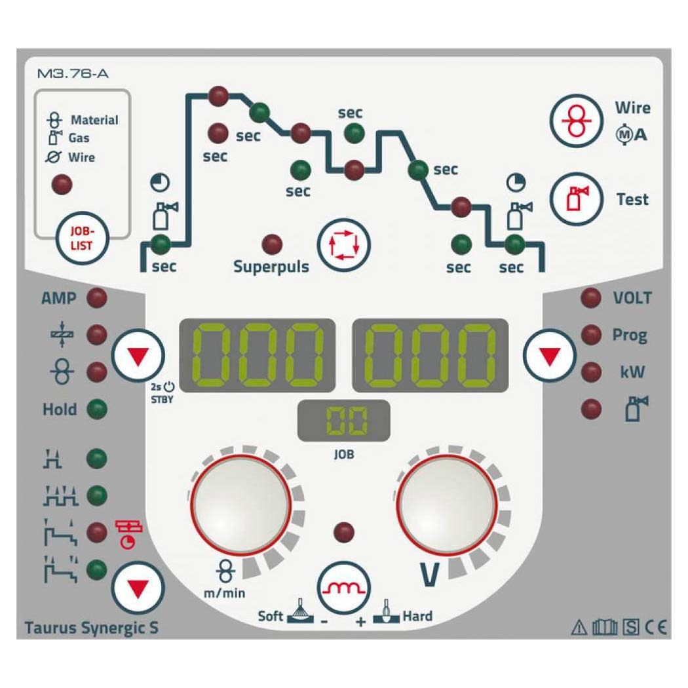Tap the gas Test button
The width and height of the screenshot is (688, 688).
577,199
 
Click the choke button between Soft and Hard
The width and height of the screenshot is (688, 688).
344,588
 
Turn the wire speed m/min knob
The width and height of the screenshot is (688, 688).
241,505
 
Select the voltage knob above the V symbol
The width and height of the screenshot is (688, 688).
447,505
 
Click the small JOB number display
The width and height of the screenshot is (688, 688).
344,421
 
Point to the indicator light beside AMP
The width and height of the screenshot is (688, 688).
97,298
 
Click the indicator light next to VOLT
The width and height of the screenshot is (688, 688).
591,298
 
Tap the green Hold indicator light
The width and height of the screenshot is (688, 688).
97,410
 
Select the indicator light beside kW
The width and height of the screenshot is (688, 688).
591,372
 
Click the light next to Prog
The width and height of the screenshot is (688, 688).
591,335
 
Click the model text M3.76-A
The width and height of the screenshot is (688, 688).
73,73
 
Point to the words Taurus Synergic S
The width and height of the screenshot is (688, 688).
91,628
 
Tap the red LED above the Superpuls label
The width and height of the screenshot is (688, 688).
272,244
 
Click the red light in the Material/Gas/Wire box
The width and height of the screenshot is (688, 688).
62,184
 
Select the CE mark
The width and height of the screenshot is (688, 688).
656,628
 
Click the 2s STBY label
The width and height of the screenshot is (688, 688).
162,392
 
